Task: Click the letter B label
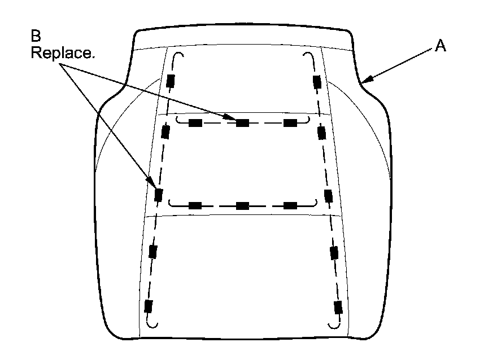coord(36,37)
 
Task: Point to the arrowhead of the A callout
coord(363,81)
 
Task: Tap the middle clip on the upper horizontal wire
coord(242,123)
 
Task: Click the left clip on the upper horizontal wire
coord(195,123)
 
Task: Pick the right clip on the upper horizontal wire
coord(290,123)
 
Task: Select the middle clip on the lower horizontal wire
coord(242,205)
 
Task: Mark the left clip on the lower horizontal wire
coord(195,205)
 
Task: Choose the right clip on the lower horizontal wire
coord(290,205)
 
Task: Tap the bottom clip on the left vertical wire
coord(149,306)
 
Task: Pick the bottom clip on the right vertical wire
coord(338,308)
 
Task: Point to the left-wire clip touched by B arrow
coord(159,195)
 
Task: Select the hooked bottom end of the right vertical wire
coord(334,324)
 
